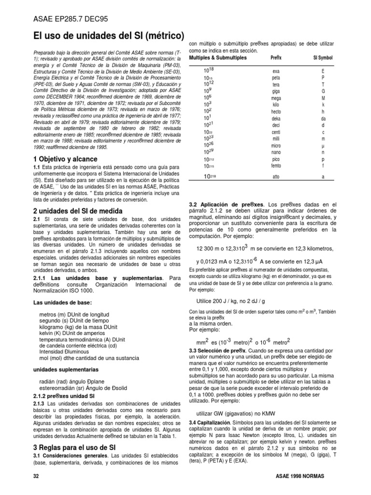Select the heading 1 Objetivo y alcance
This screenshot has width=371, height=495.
coord(65,159)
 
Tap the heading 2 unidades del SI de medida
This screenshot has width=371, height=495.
coord(77,211)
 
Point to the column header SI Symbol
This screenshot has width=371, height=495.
coord(323,58)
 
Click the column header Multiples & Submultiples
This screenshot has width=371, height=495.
coord(217,58)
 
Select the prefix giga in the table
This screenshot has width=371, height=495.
coord(276,90)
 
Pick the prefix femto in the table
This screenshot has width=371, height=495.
coord(276,166)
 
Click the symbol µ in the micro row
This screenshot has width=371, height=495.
coord(323,145)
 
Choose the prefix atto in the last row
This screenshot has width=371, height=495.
coord(276,177)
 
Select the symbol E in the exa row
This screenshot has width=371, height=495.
coord(323,71)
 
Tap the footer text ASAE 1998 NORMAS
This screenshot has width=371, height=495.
coord(303,476)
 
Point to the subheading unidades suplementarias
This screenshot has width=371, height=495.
coord(65,369)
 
